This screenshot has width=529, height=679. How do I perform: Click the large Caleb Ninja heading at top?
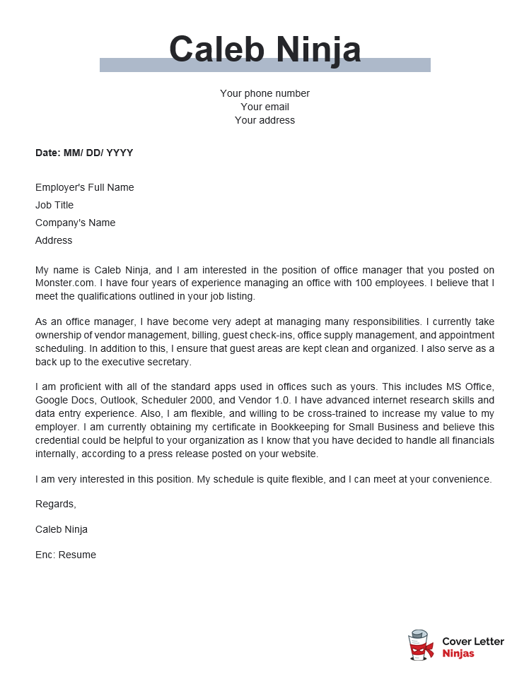coord(264,49)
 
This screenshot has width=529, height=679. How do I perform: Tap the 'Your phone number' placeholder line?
coord(264,93)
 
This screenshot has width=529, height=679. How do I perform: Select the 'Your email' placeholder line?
coord(264,107)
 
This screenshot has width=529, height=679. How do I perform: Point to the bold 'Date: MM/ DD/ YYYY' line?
coord(84,153)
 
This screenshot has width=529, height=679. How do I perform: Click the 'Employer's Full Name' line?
coord(84,187)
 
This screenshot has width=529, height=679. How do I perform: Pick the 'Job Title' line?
coord(54,205)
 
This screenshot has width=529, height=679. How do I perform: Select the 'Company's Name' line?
coord(75,223)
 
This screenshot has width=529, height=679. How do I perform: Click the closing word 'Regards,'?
coord(55,504)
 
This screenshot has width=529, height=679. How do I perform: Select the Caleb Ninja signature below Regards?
coord(62,529)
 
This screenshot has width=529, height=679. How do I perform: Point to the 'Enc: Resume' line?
coord(66,555)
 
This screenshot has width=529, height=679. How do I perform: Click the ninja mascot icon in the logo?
coord(421,646)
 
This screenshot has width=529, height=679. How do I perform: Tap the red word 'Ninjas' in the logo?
coord(458,654)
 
